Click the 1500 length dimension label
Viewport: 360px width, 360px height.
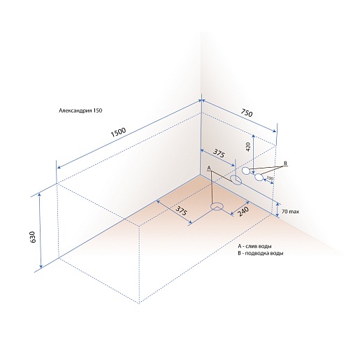coord(118,132)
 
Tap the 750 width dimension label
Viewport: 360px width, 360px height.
coord(246,113)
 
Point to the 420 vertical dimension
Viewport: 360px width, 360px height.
coord(248,147)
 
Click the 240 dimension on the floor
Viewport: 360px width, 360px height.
coord(244,211)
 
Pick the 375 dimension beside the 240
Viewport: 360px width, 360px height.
coord(181,211)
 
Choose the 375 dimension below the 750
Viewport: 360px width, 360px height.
coord(219,154)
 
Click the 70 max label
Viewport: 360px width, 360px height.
coord(291,212)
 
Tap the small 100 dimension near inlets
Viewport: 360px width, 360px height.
coord(270,178)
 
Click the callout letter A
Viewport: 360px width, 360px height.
coord(209,168)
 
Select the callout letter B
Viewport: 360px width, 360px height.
coord(285,163)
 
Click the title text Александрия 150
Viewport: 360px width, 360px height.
coord(80,110)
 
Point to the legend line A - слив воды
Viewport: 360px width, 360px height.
coord(254,246)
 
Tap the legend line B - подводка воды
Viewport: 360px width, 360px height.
coord(261,253)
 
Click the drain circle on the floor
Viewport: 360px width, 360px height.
coord(217,206)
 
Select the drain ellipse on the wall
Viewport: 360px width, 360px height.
coord(236,180)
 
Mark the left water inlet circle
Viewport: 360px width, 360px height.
coord(245,171)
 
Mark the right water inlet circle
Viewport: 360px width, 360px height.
coord(259,177)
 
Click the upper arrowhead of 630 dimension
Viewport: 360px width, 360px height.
coord(40,194)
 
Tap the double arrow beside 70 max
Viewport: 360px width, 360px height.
coord(278,209)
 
